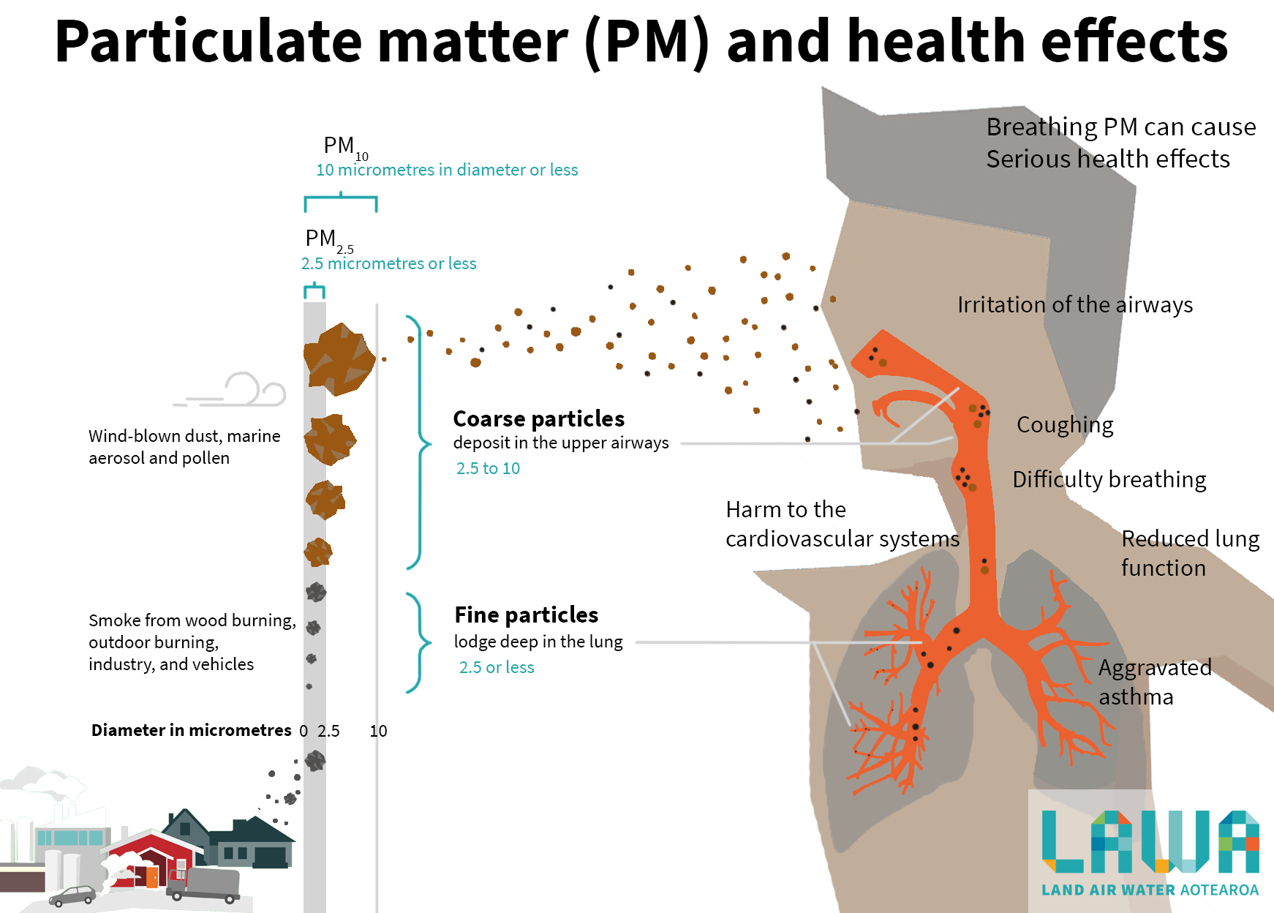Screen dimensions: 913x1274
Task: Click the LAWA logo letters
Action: (1150, 841)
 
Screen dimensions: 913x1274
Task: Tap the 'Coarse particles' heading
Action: (538, 418)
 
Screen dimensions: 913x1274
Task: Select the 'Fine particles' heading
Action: (526, 615)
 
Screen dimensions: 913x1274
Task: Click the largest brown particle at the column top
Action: (339, 358)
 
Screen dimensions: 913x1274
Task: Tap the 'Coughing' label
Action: (1065, 425)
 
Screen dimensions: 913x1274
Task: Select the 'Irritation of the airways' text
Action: (1074, 304)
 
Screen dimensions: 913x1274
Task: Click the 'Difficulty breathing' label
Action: (1109, 479)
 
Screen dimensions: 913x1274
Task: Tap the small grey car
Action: (72, 895)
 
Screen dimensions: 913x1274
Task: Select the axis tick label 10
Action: (378, 731)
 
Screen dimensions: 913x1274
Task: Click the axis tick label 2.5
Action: (328, 731)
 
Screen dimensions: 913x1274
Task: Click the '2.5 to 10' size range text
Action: (488, 468)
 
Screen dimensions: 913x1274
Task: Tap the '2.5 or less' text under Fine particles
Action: (497, 667)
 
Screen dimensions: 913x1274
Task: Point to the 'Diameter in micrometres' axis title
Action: (191, 730)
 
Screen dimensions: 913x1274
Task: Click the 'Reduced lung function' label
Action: (1188, 553)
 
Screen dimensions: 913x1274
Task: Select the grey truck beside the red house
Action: (205, 884)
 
